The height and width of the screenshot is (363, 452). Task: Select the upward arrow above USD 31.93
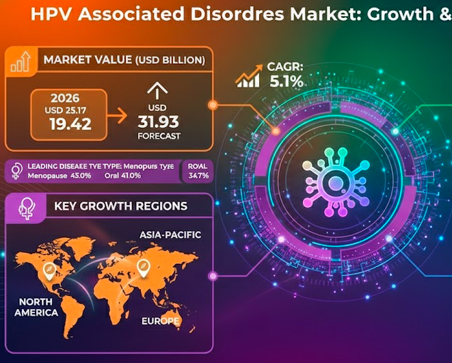[x=157, y=89]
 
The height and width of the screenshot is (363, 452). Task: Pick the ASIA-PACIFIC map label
[x=170, y=234]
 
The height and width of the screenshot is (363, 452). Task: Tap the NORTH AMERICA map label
[x=38, y=307]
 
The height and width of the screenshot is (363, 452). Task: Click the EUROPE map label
[x=160, y=321]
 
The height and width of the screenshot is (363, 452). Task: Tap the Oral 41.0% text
[x=123, y=176]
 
